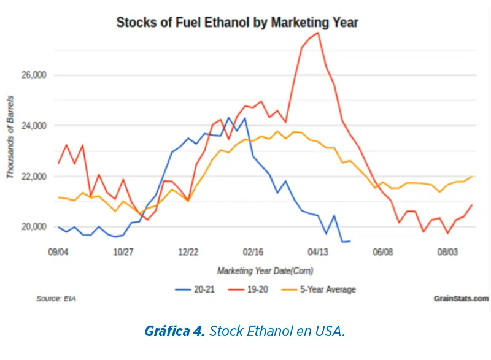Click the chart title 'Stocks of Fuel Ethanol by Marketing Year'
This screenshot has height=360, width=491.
tap(237, 23)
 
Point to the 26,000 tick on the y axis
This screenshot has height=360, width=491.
tap(34, 75)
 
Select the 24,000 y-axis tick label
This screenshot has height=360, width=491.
tap(34, 126)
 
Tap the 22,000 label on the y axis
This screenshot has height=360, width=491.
tap(34, 177)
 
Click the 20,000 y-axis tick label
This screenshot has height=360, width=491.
tap(34, 227)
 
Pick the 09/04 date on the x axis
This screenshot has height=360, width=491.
tap(58, 252)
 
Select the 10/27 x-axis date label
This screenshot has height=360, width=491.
tap(123, 252)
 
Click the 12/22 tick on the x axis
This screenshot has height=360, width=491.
tap(188, 252)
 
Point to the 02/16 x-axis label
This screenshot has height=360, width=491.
tap(253, 252)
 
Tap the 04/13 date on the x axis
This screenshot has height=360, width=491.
tap(318, 252)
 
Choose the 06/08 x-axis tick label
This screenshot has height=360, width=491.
tap(382, 252)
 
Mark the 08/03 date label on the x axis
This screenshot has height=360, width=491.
tap(447, 252)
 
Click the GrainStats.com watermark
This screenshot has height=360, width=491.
tap(461, 299)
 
